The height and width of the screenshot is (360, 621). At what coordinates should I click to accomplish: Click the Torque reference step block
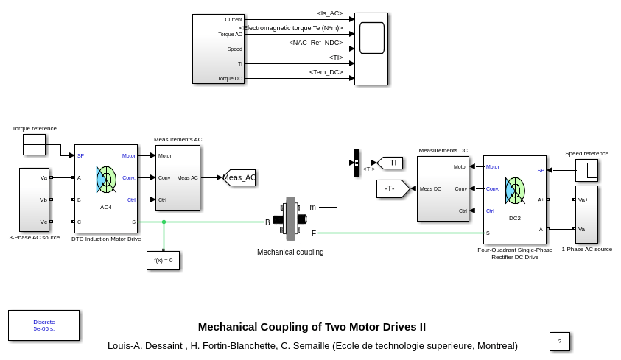34,144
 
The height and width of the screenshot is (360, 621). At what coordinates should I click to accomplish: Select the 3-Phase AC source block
34,200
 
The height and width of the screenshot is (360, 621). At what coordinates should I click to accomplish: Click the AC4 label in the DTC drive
106,207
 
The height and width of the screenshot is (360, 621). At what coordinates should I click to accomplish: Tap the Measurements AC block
178,177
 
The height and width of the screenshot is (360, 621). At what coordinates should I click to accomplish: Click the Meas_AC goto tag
239,177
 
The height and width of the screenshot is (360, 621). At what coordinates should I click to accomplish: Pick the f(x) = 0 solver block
163,260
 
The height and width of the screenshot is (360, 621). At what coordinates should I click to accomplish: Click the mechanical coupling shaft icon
290,219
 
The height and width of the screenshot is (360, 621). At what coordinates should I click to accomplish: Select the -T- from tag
391,188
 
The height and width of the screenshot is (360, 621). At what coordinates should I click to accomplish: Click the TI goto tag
391,163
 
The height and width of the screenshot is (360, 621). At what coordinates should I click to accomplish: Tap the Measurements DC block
443,188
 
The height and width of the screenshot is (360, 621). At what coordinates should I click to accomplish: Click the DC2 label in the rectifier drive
515,218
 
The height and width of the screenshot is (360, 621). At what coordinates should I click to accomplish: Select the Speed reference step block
586,170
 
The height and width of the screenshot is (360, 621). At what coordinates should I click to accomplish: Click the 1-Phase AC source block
586,214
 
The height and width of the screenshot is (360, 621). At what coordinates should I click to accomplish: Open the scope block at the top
371,49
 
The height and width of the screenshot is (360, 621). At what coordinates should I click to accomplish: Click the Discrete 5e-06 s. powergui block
43,325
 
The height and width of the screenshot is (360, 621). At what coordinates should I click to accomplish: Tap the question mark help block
560,341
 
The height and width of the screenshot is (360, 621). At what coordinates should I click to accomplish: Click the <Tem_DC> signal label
326,72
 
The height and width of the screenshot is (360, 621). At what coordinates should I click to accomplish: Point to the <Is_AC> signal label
329,13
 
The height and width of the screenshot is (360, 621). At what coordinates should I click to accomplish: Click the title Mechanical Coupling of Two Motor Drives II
312,327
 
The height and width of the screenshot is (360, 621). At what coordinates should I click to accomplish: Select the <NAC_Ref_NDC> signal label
315,43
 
